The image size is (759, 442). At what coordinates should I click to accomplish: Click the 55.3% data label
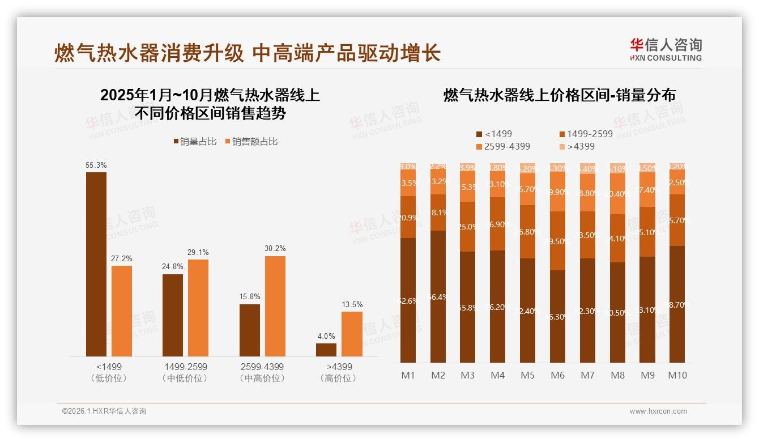pos(96,165)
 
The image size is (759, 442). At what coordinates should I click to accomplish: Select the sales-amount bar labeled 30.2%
pos(275,306)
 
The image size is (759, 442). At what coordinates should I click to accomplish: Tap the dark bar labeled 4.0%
pos(326,350)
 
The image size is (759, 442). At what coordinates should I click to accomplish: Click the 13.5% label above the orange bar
pos(352,304)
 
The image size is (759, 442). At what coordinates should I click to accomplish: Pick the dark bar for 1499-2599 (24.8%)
pos(173,315)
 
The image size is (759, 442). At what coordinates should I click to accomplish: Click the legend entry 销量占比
pos(195,142)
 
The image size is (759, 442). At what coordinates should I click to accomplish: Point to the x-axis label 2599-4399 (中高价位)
pos(262,372)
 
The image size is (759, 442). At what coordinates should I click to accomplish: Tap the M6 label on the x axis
pos(557,375)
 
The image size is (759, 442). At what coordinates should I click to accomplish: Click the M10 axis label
pos(677,375)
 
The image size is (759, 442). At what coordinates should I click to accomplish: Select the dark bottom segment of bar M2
pos(438,296)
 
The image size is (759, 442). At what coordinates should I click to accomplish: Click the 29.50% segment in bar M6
pos(557,241)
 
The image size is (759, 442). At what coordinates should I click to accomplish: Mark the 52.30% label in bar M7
pos(587,311)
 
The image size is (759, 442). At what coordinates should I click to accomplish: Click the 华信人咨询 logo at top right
pos(666,49)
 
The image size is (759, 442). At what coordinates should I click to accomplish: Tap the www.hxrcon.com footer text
pos(658,411)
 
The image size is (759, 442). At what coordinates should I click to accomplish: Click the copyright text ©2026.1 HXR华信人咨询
pos(104,411)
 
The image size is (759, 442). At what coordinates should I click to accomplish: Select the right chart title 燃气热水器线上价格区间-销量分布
pos(559,95)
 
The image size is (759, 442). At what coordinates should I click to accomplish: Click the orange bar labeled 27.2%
pos(122,311)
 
